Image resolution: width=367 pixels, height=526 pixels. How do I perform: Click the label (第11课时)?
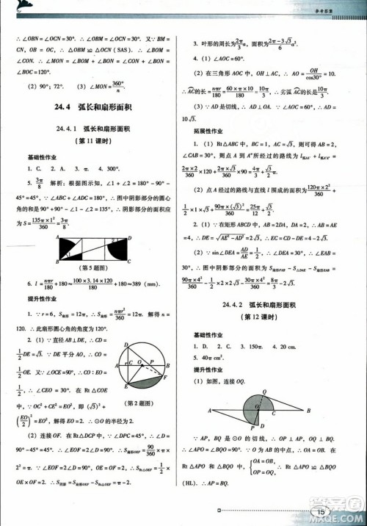click(93, 141)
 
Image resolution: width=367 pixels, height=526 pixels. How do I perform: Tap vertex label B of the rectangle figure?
click(57, 261)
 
